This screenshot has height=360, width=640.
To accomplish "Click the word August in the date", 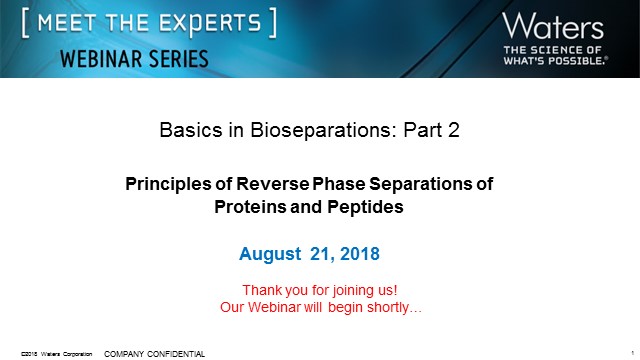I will click(270, 254).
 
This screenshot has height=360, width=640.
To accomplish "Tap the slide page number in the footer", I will click(634, 353).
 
